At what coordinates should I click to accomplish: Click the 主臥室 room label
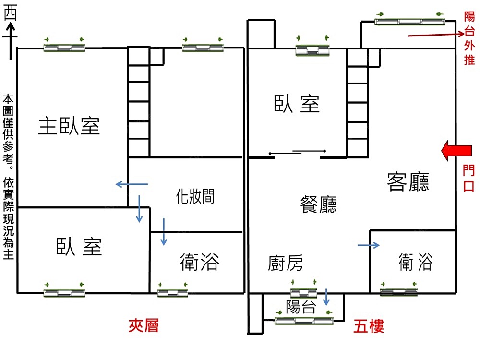tap(69, 126)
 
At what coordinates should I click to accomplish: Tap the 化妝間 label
tap(195, 196)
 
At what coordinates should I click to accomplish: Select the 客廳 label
tap(408, 182)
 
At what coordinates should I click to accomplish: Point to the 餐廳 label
tap(318, 204)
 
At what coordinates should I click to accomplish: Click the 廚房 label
tap(286, 263)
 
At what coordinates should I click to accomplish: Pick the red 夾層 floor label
tap(144, 326)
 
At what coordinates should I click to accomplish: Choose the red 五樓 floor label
tap(369, 327)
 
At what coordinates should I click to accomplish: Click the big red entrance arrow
tap(456, 151)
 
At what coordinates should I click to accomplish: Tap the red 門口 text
tap(468, 178)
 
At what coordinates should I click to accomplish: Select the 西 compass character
tap(10, 14)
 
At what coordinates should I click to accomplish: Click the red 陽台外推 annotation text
tap(469, 39)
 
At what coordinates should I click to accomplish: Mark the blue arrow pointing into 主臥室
tap(132, 184)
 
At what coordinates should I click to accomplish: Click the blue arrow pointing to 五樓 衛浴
tap(369, 246)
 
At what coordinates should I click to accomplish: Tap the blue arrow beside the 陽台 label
tap(326, 297)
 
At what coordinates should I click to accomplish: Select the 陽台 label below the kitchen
tap(300, 307)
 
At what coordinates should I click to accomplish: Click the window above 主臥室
tap(64, 47)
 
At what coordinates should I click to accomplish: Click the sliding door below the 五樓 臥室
tap(298, 153)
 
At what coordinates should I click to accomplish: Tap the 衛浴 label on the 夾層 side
tap(200, 263)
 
